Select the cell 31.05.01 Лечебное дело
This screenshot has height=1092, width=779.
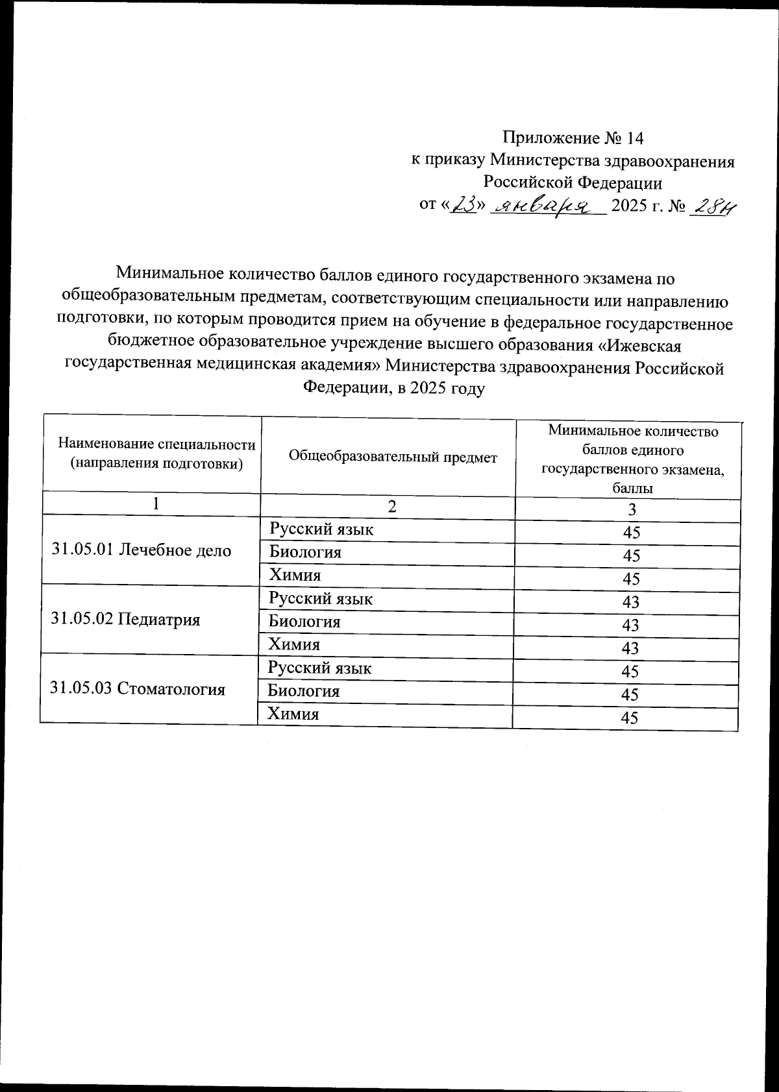coord(142,550)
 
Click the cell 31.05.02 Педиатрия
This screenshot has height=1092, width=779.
coord(125,619)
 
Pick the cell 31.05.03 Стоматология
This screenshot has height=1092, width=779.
coord(138,688)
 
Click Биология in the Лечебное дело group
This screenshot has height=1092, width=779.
coord(305,552)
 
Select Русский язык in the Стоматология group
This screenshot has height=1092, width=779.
coord(319,668)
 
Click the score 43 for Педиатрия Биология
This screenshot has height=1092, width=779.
coord(630,625)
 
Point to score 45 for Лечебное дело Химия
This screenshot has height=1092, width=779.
coord(631,579)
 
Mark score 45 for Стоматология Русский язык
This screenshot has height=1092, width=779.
coord(630,671)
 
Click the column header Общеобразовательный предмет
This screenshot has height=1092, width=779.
coord(393,457)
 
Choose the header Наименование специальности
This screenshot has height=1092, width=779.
coord(156,444)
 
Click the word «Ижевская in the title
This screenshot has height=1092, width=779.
coord(639,343)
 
